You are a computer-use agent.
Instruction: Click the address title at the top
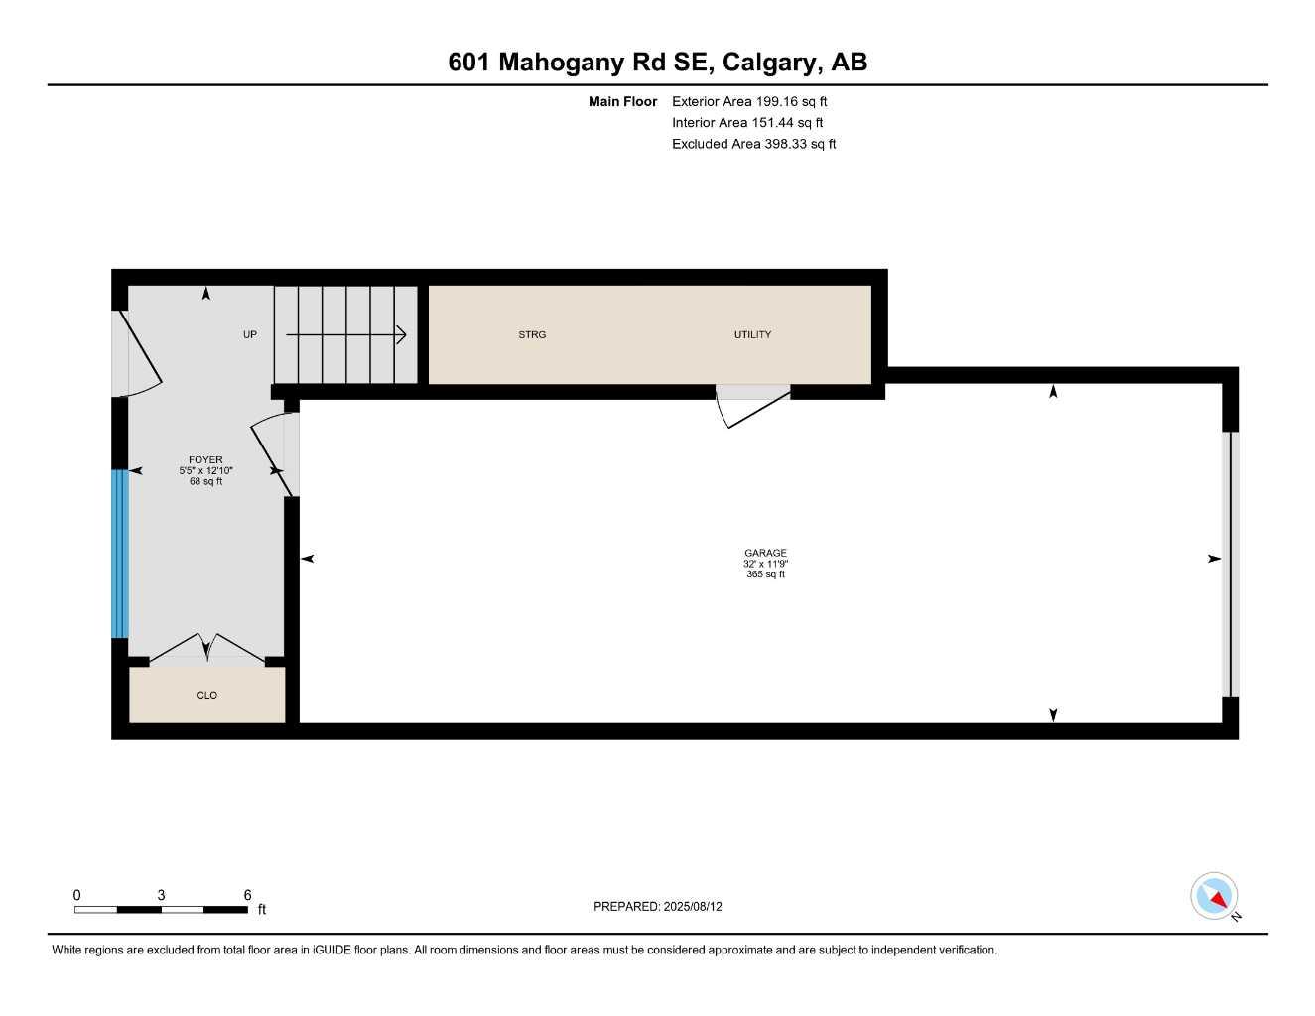[657, 62]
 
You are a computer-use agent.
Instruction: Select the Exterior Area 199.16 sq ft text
[748, 101]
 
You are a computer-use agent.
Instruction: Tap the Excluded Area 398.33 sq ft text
[753, 144]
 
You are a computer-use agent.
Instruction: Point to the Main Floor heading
[622, 101]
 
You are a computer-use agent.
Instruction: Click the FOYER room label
[205, 459]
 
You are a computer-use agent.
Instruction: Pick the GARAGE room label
[765, 553]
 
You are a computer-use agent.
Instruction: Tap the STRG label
[532, 334]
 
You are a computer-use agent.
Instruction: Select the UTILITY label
[752, 334]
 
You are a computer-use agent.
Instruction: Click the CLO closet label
[206, 695]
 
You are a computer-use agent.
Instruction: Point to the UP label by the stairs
[250, 334]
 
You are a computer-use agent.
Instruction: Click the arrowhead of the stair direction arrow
[402, 334]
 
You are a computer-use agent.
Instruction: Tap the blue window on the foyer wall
[119, 553]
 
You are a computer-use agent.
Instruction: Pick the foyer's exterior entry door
[137, 352]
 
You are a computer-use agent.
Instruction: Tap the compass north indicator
[1214, 897]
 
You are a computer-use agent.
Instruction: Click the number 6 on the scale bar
[247, 895]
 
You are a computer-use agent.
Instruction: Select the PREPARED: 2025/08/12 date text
[657, 906]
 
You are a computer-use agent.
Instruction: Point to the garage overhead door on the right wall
[1231, 564]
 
